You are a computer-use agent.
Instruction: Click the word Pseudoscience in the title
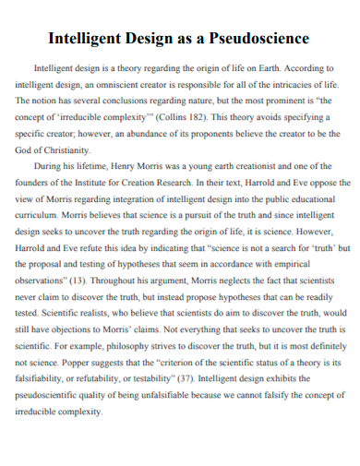[259, 40]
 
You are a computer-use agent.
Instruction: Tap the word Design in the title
[149, 40]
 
